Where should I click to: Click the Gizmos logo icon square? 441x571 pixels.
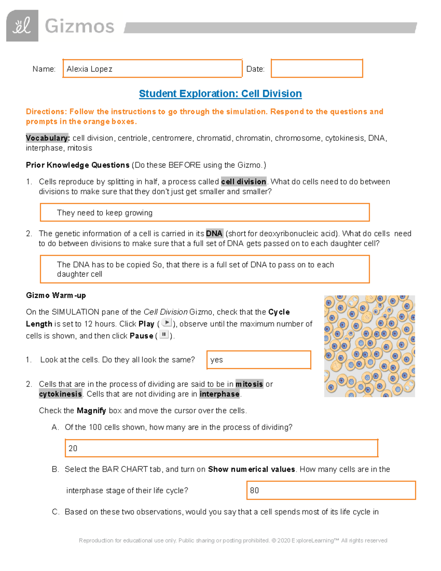22,26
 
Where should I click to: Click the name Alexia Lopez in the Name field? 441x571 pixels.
89,69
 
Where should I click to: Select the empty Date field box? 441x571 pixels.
317,68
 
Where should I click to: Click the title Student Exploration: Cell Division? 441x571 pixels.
220,94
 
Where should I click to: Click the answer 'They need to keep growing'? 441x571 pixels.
105,213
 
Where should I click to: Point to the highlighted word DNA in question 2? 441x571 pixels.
214,233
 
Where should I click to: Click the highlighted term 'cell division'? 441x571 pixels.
244,182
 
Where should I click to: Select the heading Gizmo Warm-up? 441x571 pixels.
56,296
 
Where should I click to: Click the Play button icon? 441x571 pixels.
166,323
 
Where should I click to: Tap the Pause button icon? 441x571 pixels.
164,335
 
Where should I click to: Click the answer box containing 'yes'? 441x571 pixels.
259,360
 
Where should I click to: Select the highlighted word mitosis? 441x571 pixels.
249,384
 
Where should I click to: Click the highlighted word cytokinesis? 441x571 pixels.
61,394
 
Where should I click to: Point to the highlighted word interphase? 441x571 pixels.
219,394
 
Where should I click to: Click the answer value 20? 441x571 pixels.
73,448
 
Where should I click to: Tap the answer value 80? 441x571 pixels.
254,490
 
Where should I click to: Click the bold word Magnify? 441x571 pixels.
91,411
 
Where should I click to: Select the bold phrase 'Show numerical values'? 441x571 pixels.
251,470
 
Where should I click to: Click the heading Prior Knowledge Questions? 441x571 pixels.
78,165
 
